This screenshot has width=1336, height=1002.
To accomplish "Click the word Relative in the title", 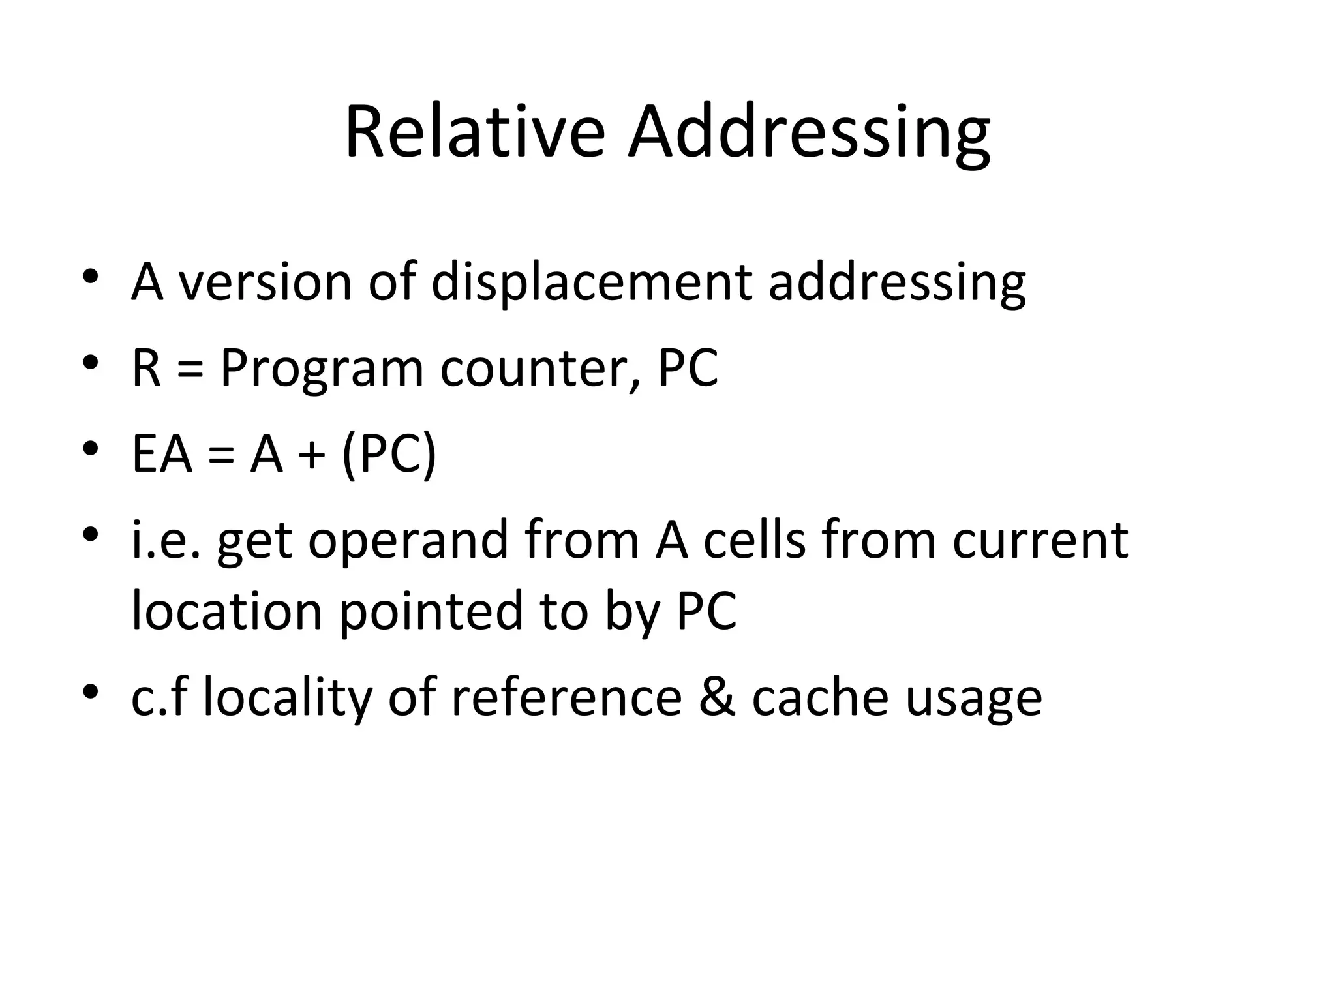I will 474,134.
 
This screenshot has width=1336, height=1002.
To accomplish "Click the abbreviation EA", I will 162,455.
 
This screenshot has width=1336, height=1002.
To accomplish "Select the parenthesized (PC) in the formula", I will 388,455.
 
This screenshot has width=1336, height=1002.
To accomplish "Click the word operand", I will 408,541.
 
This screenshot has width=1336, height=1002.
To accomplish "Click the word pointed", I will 431,611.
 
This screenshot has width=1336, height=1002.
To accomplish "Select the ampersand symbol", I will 717,698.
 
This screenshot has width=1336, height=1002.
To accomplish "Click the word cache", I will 820,698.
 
